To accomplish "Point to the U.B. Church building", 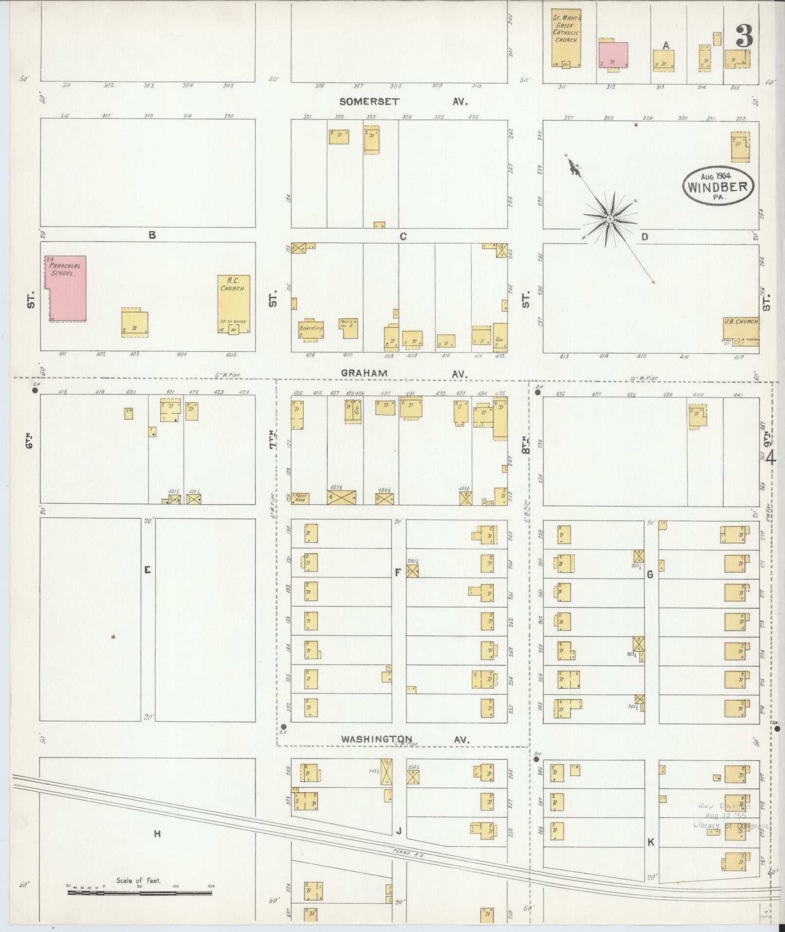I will (741, 331).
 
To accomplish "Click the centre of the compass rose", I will (609, 220).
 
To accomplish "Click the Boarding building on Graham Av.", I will (311, 330).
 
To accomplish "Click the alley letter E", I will (147, 569).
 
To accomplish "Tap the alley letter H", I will (157, 834).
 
